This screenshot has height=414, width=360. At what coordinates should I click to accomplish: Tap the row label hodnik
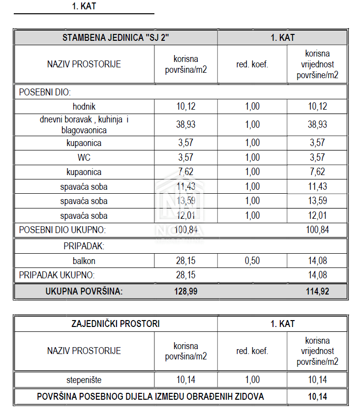84,106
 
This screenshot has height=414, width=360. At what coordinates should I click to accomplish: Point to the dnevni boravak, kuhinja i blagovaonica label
84,124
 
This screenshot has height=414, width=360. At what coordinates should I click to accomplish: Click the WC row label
84,158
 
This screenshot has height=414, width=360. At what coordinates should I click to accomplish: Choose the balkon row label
84,261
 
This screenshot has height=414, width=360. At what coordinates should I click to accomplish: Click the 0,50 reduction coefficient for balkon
252,261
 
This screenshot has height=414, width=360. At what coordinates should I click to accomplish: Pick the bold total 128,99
186,292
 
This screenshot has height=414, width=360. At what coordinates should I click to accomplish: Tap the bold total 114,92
317,292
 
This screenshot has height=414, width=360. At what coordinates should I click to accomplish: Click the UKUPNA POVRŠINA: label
84,292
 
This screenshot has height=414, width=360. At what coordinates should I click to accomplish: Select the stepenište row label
84,380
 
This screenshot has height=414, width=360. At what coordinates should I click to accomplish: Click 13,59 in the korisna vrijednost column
317,201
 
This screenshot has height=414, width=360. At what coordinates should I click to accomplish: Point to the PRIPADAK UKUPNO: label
57,275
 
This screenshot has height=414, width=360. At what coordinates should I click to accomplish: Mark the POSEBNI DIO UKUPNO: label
62,230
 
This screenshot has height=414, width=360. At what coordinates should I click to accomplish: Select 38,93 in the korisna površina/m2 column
186,124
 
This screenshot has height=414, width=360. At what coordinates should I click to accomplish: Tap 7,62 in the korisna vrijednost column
317,172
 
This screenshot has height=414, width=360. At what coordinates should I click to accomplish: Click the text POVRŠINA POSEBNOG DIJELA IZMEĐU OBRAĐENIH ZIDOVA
150,396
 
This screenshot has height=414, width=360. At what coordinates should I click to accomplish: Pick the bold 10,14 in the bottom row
317,396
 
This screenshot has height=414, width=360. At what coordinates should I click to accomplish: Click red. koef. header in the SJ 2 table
252,64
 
